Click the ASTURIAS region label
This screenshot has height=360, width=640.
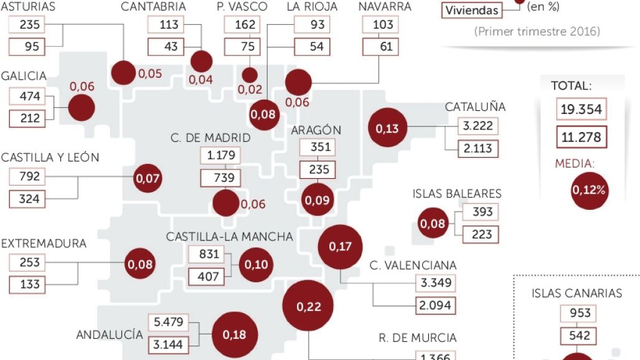coord(28,7)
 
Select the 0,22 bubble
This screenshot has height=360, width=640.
coord(308,306)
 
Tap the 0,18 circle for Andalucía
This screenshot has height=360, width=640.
coord(234,334)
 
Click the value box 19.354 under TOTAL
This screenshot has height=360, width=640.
coord(581,110)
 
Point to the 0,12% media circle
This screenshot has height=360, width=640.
coord(589,189)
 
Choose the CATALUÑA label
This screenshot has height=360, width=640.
coord(475,107)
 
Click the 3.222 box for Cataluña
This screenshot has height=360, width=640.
coord(478,126)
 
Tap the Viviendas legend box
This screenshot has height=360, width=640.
coord(471,11)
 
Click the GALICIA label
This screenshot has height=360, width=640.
coord(24,76)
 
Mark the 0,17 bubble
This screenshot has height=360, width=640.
coord(340,246)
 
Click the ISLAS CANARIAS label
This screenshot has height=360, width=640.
coord(577,293)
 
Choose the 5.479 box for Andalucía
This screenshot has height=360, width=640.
coord(166,323)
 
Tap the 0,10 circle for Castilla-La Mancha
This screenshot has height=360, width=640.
coord(256,264)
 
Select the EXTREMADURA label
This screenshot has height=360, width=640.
coord(44,244)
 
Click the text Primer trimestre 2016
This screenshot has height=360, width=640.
coord(537,31)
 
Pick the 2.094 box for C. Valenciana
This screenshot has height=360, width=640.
coord(436,305)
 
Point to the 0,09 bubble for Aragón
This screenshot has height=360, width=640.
coord(316,201)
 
